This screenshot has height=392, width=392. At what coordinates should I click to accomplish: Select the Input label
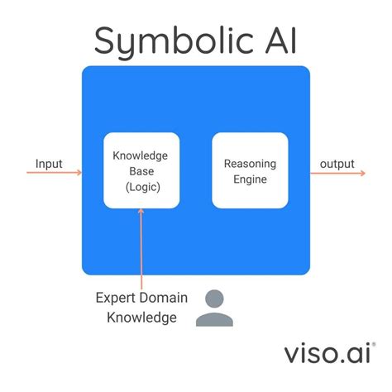(x=50, y=163)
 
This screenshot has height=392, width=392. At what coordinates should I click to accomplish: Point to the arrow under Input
(x=54, y=173)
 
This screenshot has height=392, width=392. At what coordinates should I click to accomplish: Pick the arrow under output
(x=337, y=173)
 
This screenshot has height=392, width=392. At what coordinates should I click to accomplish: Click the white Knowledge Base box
(x=142, y=170)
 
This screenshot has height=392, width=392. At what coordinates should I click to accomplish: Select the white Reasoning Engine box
(x=250, y=170)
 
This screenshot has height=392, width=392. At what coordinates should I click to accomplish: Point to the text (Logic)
(x=142, y=187)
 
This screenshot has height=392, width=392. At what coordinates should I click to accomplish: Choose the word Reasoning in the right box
(x=250, y=163)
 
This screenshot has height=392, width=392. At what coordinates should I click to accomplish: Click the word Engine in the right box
(x=250, y=179)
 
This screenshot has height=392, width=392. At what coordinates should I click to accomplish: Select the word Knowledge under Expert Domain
(x=141, y=318)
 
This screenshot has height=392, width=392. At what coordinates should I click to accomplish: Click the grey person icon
(x=214, y=308)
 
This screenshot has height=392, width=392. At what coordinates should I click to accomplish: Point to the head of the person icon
(x=214, y=299)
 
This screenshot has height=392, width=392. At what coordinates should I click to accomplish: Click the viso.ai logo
(x=329, y=353)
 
